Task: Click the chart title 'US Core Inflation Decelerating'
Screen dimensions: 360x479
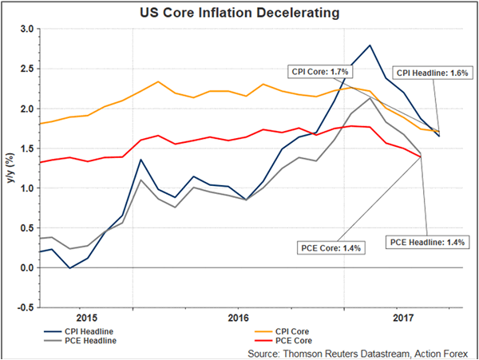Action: (x=239, y=12)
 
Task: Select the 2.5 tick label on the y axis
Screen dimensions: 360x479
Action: (x=27, y=69)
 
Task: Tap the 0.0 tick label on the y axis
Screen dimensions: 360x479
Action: (x=27, y=268)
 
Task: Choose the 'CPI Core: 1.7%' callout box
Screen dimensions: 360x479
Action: (x=316, y=71)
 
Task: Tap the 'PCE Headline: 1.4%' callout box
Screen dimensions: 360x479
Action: (x=426, y=240)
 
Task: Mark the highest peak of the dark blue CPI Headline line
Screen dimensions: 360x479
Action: (x=370, y=45)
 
